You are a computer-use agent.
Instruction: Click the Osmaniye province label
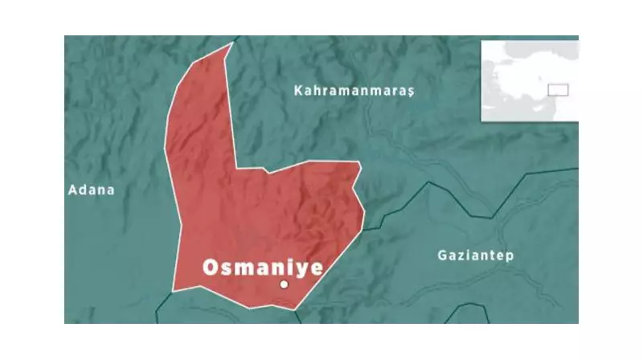[262, 268]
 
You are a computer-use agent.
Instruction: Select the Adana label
[92, 190]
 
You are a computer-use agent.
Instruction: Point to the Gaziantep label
[476, 256]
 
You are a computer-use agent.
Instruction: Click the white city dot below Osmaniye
[284, 284]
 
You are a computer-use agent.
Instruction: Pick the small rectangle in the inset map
[558, 89]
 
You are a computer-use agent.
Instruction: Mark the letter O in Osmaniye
[211, 268]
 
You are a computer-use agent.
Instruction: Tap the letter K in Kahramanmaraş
[299, 92]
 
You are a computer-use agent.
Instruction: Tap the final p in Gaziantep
[510, 257]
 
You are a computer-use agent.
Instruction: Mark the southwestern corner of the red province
[174, 289]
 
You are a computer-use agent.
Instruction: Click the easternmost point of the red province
[364, 212]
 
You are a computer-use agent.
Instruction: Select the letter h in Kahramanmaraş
[319, 92]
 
